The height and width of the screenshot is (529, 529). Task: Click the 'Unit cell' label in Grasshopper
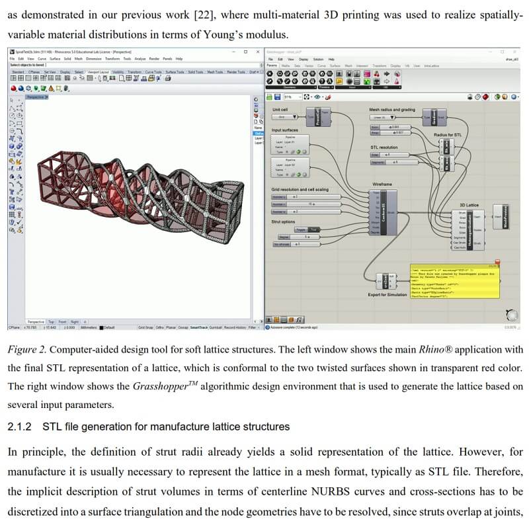(280, 109)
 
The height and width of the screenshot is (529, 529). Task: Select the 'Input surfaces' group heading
(286, 130)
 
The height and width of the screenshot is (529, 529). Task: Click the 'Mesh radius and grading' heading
(392, 109)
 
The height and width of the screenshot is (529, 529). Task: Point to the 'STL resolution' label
(384, 147)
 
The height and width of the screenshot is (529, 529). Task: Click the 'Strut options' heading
(283, 222)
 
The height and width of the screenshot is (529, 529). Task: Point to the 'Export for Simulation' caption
(386, 294)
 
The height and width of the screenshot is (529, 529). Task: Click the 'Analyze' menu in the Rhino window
(140, 59)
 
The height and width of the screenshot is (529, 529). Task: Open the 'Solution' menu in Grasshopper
(317, 60)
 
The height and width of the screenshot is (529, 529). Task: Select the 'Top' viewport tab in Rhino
(52, 321)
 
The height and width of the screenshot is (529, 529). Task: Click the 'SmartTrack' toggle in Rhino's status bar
(198, 327)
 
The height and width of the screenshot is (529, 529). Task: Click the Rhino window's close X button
(257, 51)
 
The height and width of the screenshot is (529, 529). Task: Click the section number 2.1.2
(20, 427)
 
